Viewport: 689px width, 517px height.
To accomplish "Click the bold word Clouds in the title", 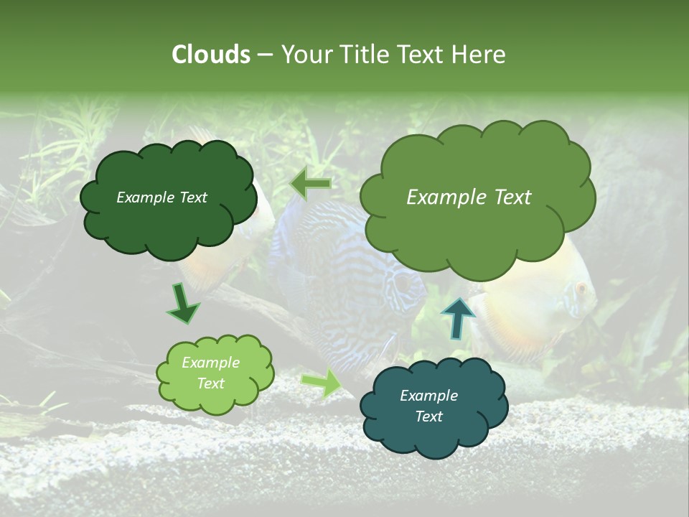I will coord(210,55).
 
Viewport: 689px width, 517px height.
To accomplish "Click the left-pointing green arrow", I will coord(311,184).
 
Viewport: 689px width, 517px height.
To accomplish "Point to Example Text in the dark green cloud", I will coord(161,197).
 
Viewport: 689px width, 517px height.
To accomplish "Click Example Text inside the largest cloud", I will coord(469,197).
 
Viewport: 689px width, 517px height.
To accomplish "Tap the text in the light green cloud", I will coord(211,373).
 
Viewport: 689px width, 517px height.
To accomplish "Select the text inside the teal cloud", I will coord(428,406).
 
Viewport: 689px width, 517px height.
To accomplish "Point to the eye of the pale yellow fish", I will coord(581,289).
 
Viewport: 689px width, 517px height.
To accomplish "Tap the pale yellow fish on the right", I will coord(538,302).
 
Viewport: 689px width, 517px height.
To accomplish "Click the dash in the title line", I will coord(265,55).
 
